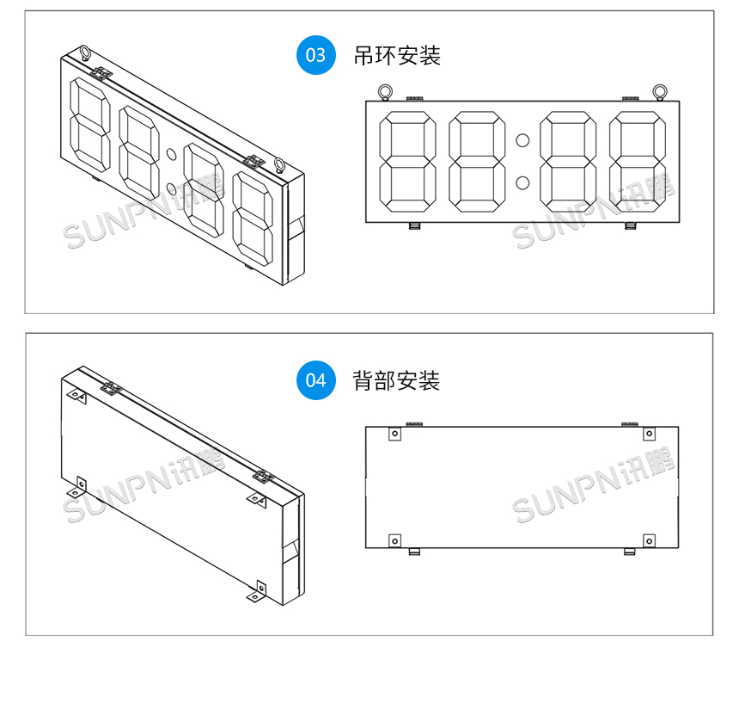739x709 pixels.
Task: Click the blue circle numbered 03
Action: (315, 55)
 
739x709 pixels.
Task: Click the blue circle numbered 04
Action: (315, 380)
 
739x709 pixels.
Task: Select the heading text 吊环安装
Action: (396, 56)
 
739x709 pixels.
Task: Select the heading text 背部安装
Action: (396, 380)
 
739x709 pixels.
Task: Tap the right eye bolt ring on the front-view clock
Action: (659, 90)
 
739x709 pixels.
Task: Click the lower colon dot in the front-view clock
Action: (522, 182)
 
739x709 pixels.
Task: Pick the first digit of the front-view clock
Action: (407, 162)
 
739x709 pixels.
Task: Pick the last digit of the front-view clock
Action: (638, 162)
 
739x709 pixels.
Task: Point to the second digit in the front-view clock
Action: (476, 162)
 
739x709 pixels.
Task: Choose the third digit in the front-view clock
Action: (568, 162)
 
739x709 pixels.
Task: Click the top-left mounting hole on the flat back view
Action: (394, 434)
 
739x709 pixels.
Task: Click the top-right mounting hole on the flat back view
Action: (649, 434)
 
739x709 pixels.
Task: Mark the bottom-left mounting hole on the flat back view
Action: (394, 540)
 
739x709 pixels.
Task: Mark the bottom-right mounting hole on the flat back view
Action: (649, 540)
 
